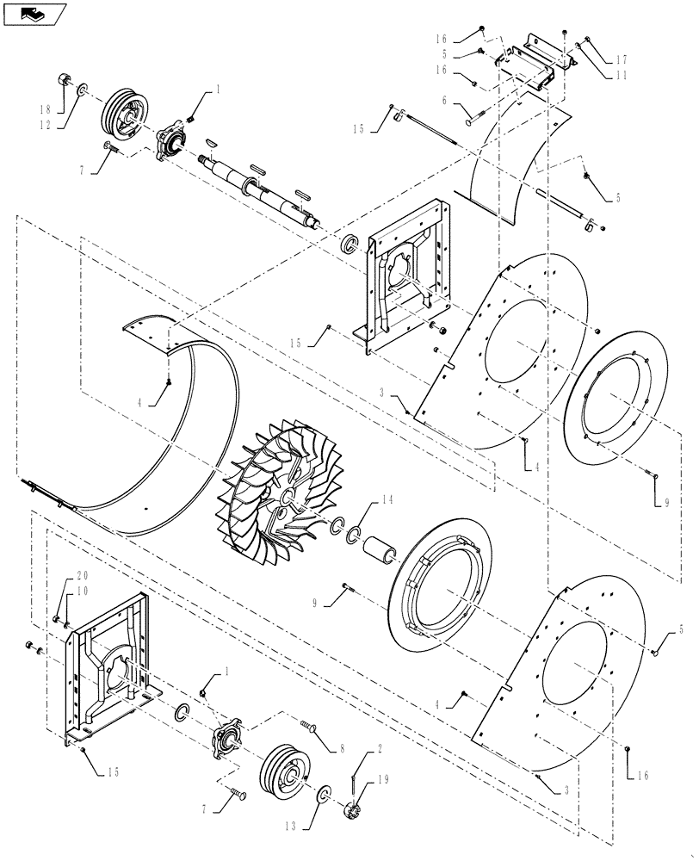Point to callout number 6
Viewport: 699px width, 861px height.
click(444, 101)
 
